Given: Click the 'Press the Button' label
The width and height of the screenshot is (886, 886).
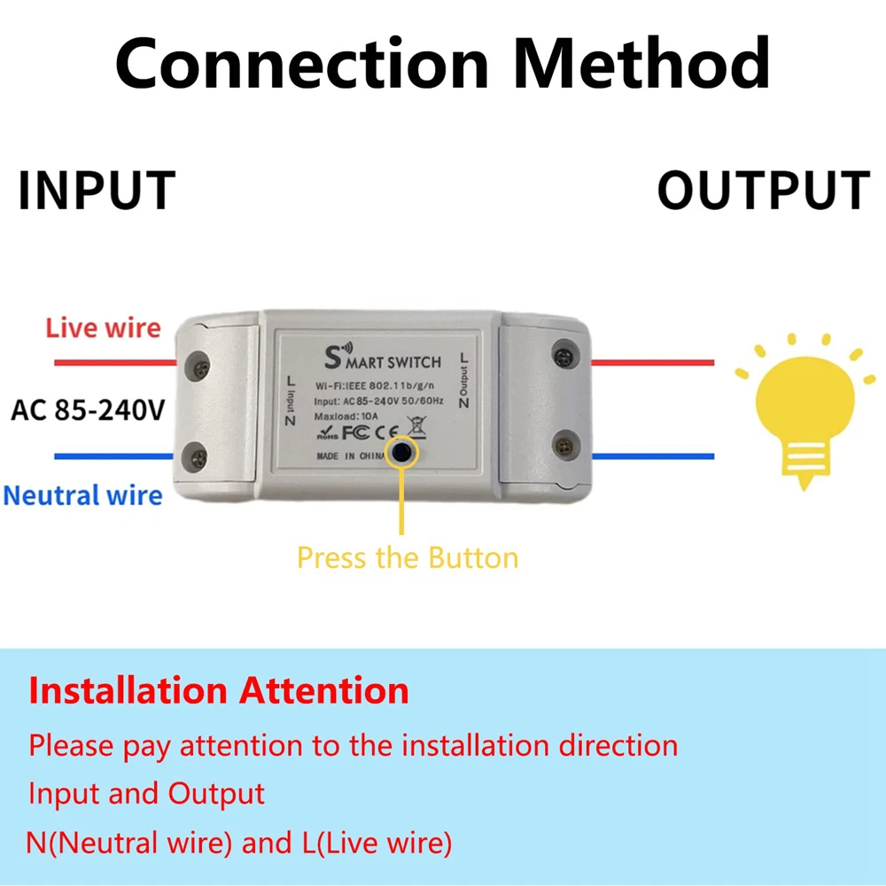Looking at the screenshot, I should (x=407, y=557).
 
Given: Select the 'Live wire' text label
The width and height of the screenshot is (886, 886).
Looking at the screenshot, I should (x=104, y=328).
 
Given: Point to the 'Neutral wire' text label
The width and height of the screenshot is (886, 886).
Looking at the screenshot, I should (x=83, y=494).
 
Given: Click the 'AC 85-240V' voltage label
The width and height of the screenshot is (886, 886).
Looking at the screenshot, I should (x=88, y=410).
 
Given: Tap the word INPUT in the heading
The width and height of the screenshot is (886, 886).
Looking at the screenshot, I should (x=97, y=190).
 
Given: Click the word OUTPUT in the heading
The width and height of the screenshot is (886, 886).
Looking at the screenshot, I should (x=764, y=190).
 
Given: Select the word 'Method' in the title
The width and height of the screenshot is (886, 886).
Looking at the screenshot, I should (x=642, y=64).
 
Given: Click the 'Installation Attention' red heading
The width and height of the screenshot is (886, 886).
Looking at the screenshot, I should (x=219, y=690).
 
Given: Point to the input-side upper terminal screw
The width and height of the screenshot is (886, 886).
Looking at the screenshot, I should (x=198, y=363).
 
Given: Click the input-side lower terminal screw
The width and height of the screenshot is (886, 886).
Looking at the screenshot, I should (x=198, y=457).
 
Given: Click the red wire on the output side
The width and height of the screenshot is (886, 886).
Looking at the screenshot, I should (x=653, y=362).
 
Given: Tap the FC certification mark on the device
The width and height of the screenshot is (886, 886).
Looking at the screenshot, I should (x=354, y=434).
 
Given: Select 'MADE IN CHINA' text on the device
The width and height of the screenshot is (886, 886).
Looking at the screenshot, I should (x=350, y=456).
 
